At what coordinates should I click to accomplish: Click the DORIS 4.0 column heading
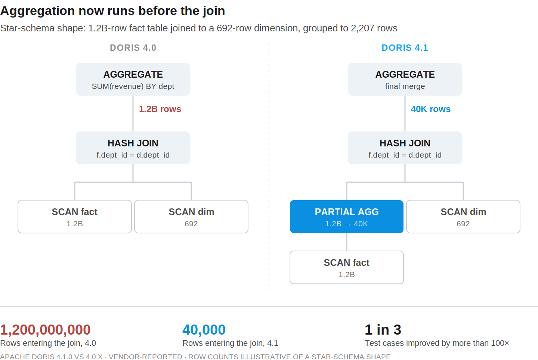point(133,48)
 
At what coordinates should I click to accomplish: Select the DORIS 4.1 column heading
point(405,48)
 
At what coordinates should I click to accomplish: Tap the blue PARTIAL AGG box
point(347,217)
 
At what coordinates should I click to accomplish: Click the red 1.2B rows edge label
point(160,109)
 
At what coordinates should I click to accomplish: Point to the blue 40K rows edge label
point(431,109)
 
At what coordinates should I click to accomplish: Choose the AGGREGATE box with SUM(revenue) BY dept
point(133,79)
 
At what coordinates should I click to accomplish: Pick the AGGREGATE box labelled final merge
point(405,79)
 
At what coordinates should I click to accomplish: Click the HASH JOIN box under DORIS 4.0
point(133,148)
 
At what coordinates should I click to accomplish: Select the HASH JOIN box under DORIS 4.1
point(405,148)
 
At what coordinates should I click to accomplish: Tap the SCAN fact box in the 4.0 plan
point(75,217)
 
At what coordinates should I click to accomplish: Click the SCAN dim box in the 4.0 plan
point(191,217)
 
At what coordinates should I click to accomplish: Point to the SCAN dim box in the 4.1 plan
point(463,217)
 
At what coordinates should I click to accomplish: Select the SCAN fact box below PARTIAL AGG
point(347,267)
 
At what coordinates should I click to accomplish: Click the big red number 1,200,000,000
point(46,329)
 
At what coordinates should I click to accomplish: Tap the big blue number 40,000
point(204,329)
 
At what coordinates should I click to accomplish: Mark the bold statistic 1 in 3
point(383,329)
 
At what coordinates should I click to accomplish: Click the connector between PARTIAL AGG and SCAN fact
point(347,242)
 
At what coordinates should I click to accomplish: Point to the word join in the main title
point(214,11)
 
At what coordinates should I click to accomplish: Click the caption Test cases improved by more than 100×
point(437,343)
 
